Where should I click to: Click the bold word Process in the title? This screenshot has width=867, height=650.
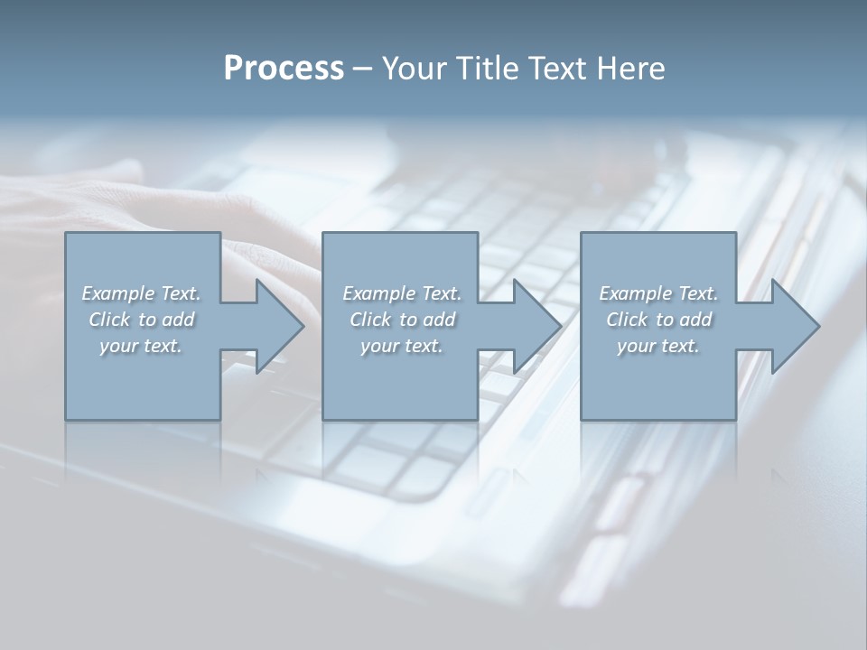284,69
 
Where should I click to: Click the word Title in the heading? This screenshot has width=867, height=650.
485,69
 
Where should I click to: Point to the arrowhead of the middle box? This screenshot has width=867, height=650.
536,326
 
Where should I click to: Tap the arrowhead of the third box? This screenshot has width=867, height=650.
794,326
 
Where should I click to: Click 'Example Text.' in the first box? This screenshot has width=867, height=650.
141,293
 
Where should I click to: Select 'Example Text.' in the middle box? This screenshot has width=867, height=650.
402,293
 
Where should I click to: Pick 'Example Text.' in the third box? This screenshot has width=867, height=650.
658,293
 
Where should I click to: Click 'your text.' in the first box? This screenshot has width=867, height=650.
141,346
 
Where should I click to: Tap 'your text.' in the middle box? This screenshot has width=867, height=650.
402,346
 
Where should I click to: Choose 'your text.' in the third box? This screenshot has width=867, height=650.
658,346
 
